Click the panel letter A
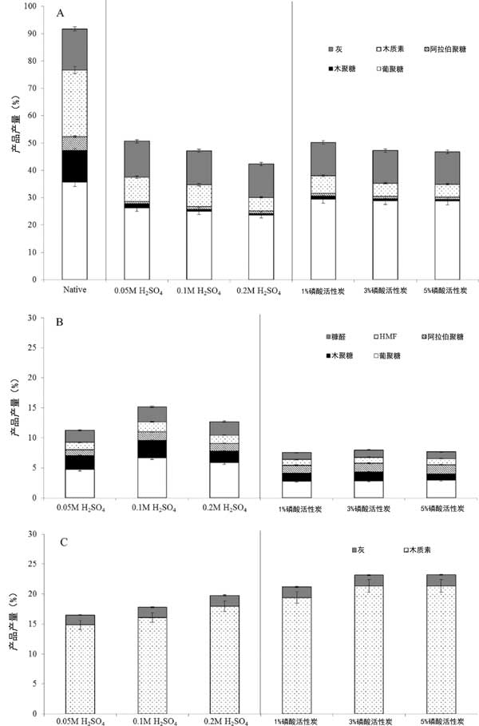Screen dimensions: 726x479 61,14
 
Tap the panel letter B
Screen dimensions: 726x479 61,325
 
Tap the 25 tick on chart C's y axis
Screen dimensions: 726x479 35,564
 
